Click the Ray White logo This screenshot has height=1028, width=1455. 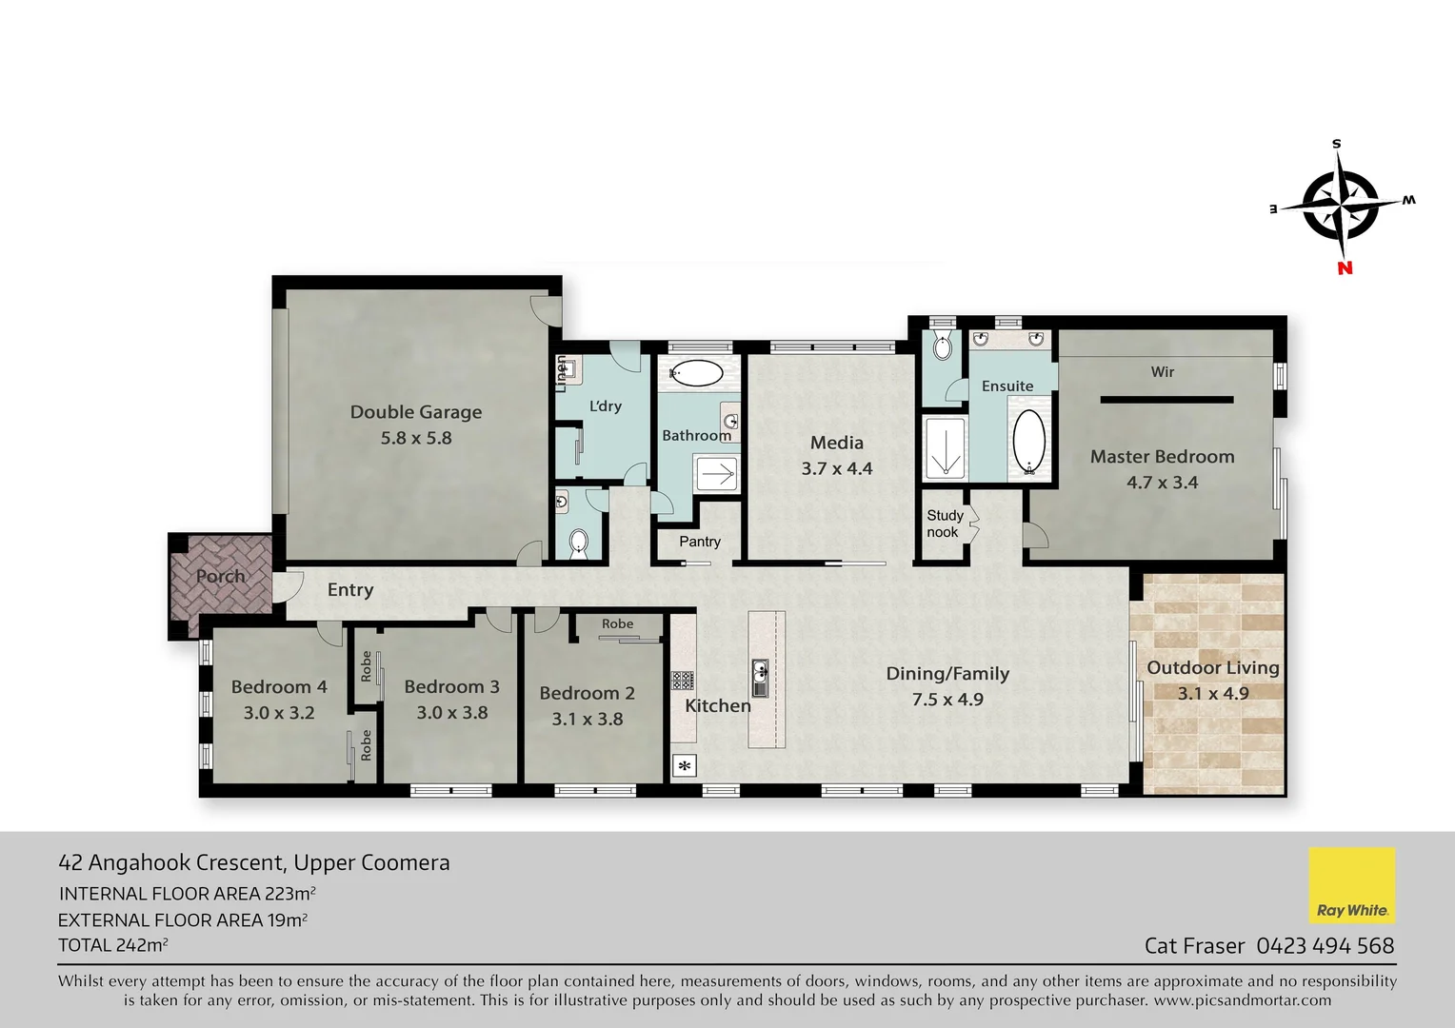(x=1351, y=886)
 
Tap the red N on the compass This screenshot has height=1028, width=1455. (x=1345, y=268)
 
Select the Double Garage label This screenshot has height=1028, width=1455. (x=416, y=412)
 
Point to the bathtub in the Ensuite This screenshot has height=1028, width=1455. (x=1028, y=442)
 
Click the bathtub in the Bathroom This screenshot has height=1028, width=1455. (x=696, y=372)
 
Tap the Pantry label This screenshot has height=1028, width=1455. (x=700, y=542)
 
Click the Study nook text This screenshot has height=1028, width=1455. (x=945, y=524)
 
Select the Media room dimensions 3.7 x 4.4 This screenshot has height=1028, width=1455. (x=837, y=468)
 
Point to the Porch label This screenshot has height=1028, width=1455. (x=221, y=577)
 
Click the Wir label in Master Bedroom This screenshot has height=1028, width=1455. (x=1163, y=372)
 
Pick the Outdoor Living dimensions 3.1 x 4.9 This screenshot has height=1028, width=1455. (x=1213, y=694)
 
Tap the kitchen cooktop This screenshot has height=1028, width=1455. (x=683, y=680)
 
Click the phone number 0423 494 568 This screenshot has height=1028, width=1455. (x=1325, y=946)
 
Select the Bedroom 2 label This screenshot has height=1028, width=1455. (x=587, y=694)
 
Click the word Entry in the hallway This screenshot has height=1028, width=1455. (x=350, y=590)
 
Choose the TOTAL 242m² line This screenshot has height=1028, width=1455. (x=113, y=946)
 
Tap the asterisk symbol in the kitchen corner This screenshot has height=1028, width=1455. (x=685, y=764)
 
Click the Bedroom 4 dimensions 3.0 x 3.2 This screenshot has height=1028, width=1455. (x=279, y=713)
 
